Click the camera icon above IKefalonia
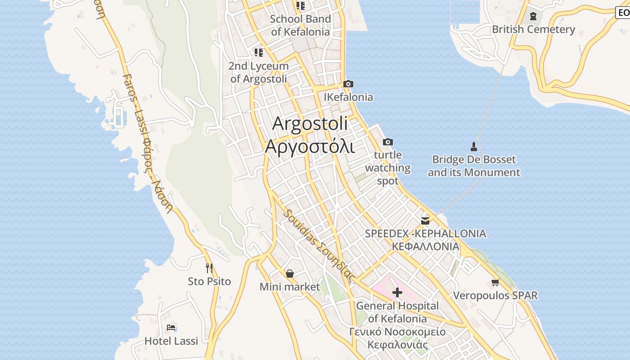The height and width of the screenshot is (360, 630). coord(348,84)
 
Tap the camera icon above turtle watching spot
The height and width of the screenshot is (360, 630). coord(387,142)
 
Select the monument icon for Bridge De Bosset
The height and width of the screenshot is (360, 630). coord(473,146)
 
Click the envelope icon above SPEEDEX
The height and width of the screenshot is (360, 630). coord(425,220)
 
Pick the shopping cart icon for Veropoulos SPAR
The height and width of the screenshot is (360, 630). coord(495,282)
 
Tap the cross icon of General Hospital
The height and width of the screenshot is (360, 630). coord(397,293)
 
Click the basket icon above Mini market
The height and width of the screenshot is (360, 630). coord(290,273)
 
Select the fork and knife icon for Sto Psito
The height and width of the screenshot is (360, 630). coord(209,268)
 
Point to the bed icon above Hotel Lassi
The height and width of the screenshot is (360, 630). coord(171,328)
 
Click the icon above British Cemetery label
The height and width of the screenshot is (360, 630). coord(533,16)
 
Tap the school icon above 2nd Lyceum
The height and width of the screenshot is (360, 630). coord(258,53)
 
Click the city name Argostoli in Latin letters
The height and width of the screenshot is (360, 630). coord(310,123)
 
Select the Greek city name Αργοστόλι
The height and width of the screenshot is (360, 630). coord(310,146)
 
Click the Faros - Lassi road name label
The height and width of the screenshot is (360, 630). coord(147,144)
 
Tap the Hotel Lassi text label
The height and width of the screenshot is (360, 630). coord(171,341)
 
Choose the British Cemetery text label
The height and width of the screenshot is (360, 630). coord(533,29)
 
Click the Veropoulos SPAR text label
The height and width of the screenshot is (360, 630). coord(495,296)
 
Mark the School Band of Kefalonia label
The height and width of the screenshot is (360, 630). coord(301,25)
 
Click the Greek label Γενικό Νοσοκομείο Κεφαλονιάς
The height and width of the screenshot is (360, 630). coord(397,338)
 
